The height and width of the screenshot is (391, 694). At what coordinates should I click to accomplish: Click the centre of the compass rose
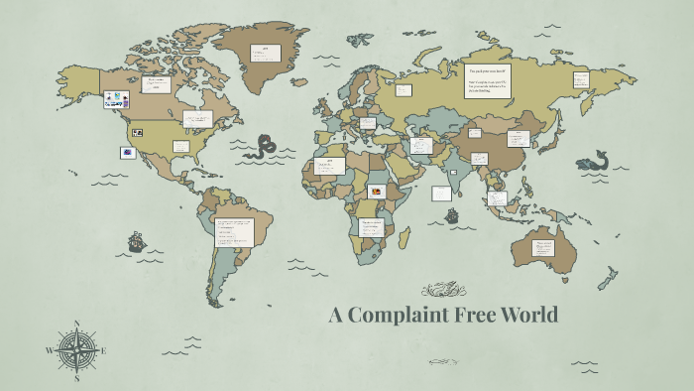[x=76, y=349]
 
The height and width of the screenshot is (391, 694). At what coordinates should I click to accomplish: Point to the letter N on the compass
[x=76, y=324]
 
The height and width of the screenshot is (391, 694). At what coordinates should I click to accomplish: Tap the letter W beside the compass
[x=50, y=350]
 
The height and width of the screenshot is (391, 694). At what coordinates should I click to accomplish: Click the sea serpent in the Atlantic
[x=265, y=148]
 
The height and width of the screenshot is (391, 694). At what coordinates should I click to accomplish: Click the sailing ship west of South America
[x=136, y=241]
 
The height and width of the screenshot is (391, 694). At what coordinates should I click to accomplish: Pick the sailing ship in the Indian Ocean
[x=452, y=215]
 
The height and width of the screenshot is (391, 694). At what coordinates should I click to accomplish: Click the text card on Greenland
[x=267, y=53]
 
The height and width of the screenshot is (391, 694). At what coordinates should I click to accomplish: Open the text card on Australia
[x=544, y=248]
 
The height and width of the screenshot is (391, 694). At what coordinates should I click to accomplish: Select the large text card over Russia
[x=493, y=81]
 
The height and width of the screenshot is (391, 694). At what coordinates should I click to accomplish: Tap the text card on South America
[x=235, y=231]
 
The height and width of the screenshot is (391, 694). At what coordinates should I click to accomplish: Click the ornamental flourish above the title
[x=442, y=290]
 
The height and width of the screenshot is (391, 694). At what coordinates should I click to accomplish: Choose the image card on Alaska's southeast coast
[x=116, y=98]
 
